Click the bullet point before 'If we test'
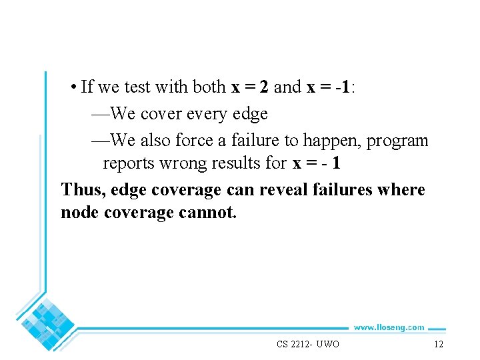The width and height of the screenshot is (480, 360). point(73,87)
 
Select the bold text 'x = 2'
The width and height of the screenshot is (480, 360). point(249,87)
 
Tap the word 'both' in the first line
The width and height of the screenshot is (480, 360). point(209,87)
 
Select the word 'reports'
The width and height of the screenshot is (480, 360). point(129,163)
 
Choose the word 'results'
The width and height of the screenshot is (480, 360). point(242,163)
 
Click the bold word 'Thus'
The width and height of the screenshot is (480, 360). point(82,190)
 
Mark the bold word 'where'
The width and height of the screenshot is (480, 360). point(400,190)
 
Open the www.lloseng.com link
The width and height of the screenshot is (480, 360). point(388,327)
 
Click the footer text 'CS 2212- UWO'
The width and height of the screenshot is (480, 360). point(308,344)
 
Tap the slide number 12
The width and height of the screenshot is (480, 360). point(438,344)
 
